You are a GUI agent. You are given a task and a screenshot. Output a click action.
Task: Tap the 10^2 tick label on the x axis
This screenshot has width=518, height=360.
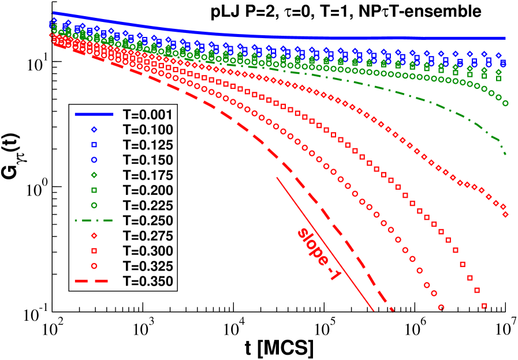51,329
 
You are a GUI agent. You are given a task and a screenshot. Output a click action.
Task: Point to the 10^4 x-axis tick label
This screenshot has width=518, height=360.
233,329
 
